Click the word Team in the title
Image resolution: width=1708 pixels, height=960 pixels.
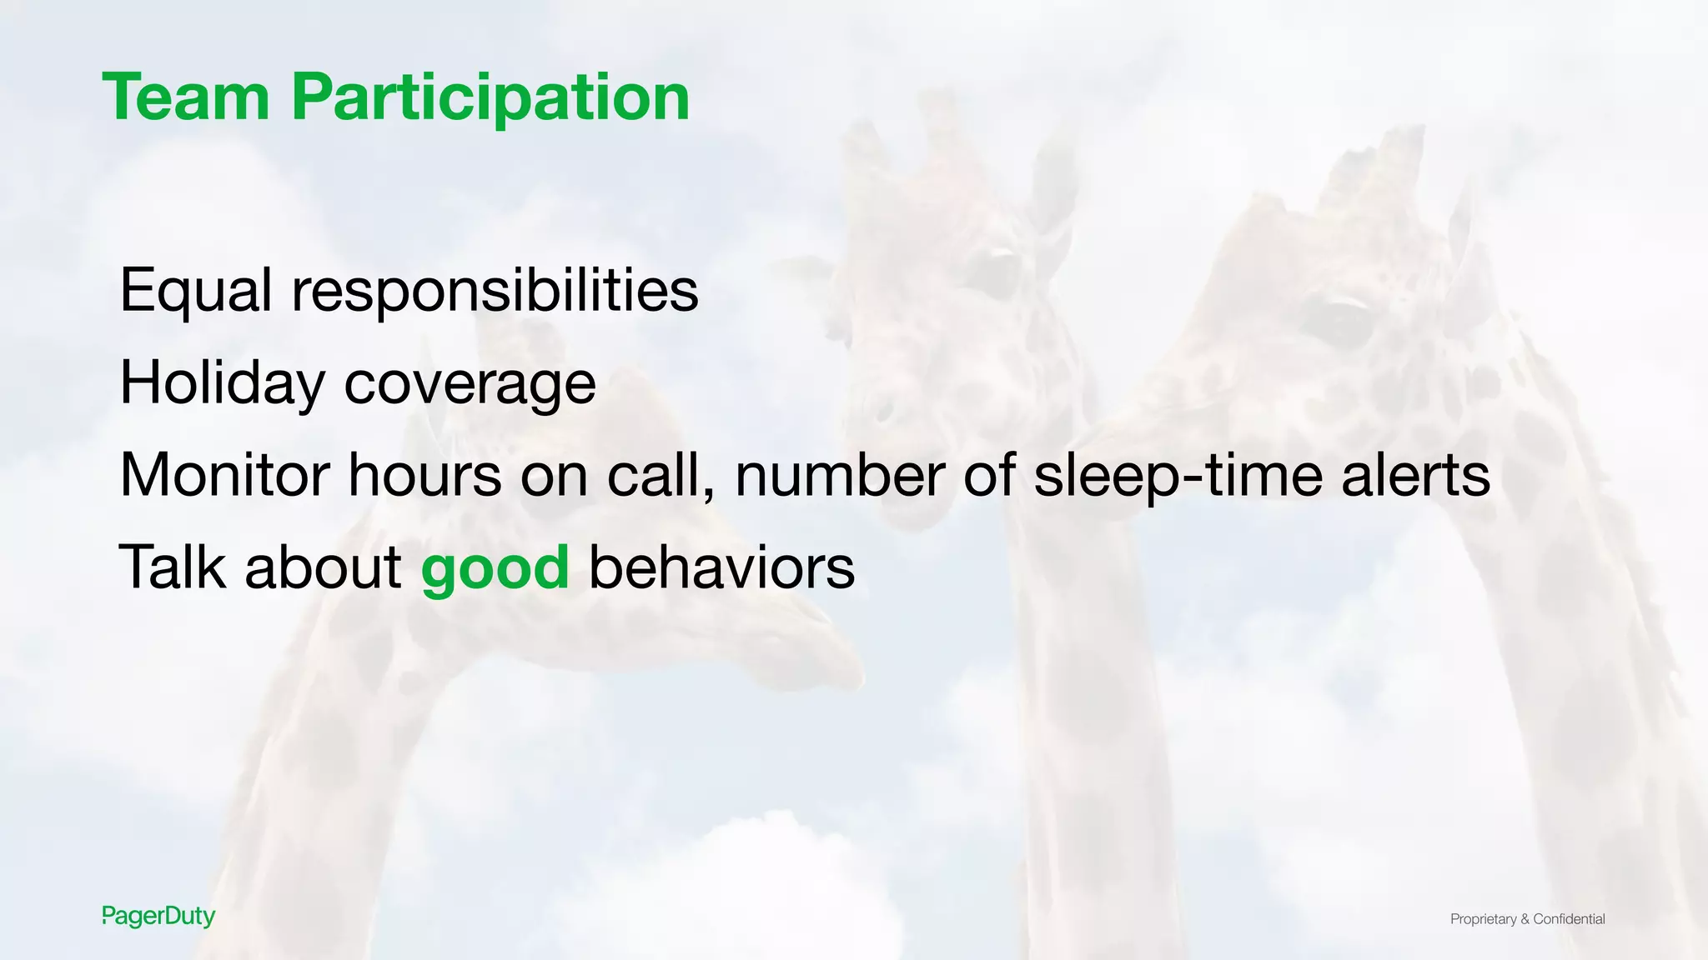click(186, 97)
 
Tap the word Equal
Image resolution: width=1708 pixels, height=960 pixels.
click(196, 291)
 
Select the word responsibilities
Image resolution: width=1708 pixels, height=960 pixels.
click(495, 291)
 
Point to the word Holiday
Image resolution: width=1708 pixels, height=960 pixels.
click(222, 383)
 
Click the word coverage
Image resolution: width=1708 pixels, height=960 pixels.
click(470, 386)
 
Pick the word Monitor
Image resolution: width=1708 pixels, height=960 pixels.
click(224, 475)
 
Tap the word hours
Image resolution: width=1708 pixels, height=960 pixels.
click(424, 475)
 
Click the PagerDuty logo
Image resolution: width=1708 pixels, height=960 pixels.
click(158, 917)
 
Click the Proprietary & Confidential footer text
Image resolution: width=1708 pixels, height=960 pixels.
click(1527, 919)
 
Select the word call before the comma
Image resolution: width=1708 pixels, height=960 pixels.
click(657, 475)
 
